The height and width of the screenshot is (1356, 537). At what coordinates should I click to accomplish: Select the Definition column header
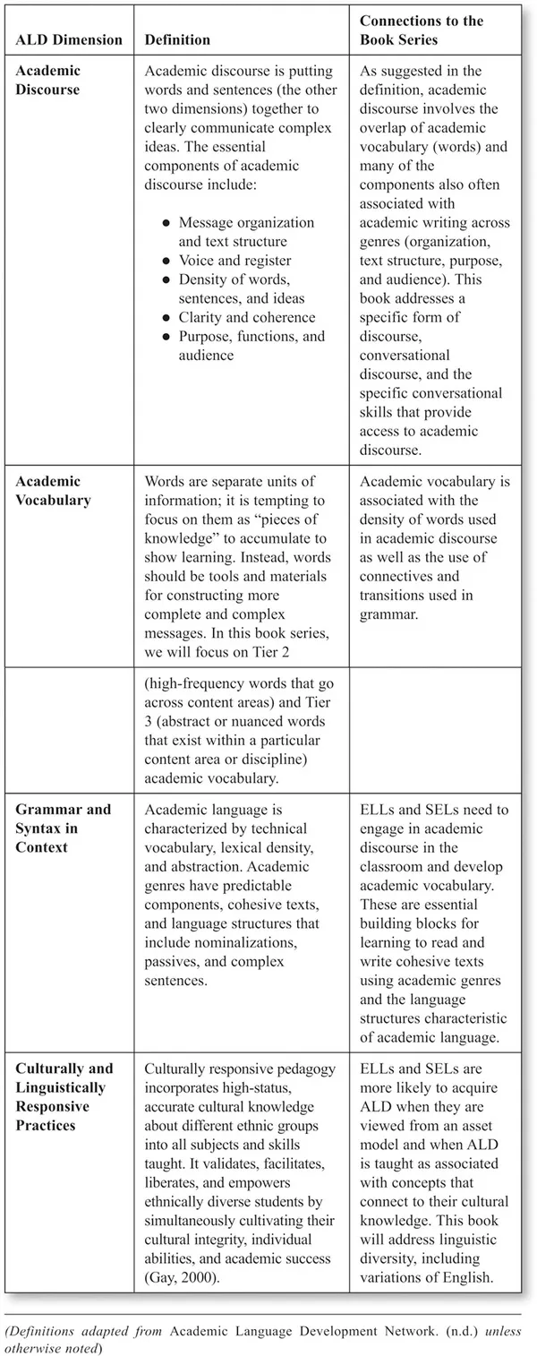pos(177,40)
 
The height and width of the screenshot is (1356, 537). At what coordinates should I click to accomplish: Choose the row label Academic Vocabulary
pos(53,491)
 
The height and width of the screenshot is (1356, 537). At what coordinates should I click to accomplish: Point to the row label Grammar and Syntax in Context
pos(63,828)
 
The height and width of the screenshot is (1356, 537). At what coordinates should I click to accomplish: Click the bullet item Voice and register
pos(234,261)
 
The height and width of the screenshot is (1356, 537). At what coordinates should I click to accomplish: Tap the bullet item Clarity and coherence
pos(246,317)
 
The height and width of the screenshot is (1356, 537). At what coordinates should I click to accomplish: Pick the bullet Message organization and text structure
pos(246,232)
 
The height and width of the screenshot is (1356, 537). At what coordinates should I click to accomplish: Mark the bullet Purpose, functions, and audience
pos(251,346)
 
